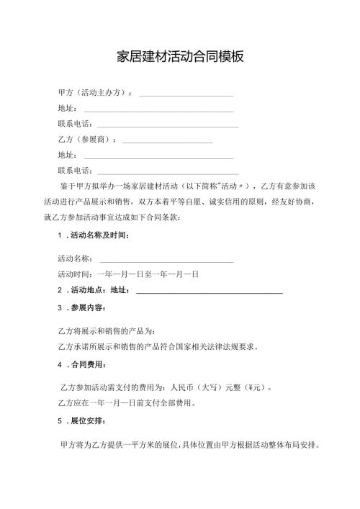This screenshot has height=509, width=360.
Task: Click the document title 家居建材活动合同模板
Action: [180, 57]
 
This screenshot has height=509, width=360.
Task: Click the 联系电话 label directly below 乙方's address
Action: [75, 171]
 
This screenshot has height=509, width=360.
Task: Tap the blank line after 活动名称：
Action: [166, 260]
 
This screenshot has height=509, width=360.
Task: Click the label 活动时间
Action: [75, 274]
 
